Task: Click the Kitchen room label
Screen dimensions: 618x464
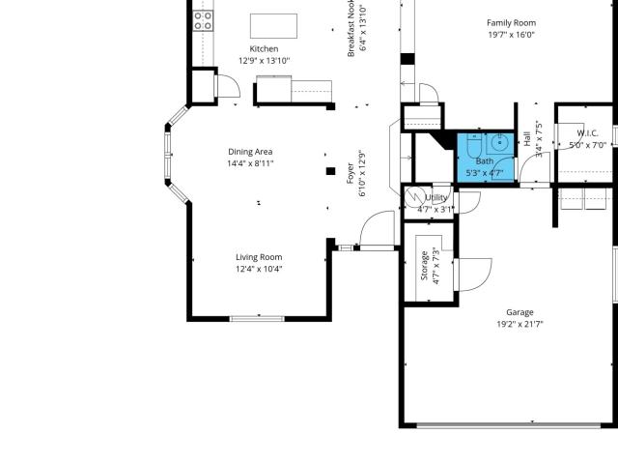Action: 264,49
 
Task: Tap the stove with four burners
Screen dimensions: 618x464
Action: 203,21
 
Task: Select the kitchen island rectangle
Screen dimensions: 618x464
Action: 273,26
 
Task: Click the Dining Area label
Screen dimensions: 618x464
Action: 250,152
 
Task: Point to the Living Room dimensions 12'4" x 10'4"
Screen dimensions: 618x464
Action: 259,269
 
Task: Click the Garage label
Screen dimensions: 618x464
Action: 520,312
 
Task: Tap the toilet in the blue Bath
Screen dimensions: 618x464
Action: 472,145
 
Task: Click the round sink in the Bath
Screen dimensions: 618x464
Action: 500,140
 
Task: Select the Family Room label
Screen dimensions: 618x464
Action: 511,23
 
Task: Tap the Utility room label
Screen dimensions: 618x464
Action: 436,197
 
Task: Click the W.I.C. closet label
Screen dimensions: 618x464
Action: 587,133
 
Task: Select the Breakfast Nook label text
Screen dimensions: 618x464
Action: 351,28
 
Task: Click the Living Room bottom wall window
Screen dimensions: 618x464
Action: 257,318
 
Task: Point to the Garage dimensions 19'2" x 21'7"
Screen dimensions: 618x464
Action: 520,325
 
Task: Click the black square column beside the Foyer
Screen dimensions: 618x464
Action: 330,171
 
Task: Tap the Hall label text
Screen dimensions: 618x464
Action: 527,139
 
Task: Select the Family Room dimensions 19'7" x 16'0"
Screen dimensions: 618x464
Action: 511,35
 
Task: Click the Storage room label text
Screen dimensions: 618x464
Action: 424,266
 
